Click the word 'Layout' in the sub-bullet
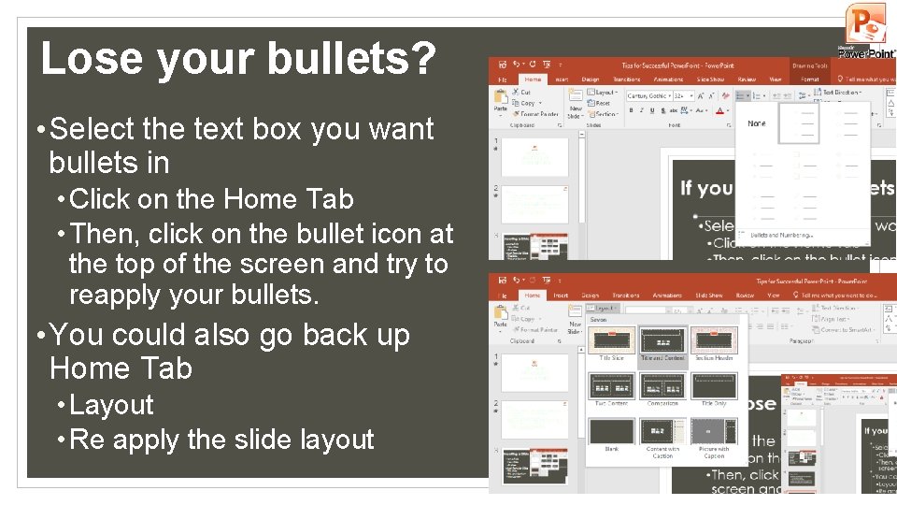point(111,405)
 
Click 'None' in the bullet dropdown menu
point(757,123)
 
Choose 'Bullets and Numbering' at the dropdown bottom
point(781,235)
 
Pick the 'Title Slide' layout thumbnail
point(612,340)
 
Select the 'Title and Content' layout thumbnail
point(662,340)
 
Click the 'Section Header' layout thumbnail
point(714,340)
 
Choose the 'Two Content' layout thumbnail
point(612,385)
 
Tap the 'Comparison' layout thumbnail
point(662,385)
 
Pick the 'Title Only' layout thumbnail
point(714,385)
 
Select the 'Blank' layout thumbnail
point(612,431)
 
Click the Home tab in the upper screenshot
point(533,79)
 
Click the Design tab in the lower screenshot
point(590,295)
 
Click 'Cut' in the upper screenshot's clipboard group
point(525,93)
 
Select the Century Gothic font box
point(647,95)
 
